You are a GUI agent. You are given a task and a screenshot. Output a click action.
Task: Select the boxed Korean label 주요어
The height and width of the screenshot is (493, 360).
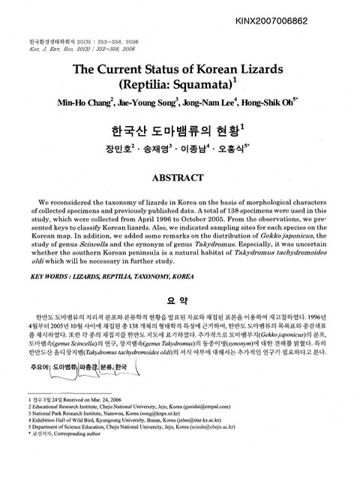coord(34,346)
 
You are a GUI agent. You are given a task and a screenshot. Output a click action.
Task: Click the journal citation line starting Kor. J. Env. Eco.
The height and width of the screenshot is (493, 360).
coord(82,47)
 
